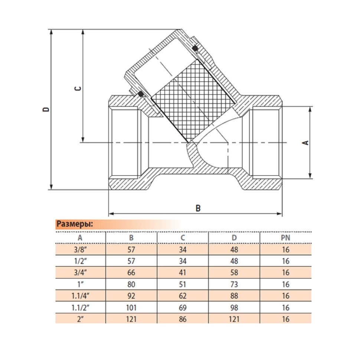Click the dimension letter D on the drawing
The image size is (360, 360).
click(46, 109)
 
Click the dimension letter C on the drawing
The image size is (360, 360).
click(78, 88)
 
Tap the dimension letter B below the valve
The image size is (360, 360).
click(198, 208)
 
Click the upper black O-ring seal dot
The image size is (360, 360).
click(195, 48)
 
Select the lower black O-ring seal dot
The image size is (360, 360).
click(140, 94)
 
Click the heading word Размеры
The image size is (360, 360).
click(75, 224)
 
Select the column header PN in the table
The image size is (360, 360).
click(285, 238)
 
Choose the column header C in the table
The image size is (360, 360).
click(183, 238)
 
